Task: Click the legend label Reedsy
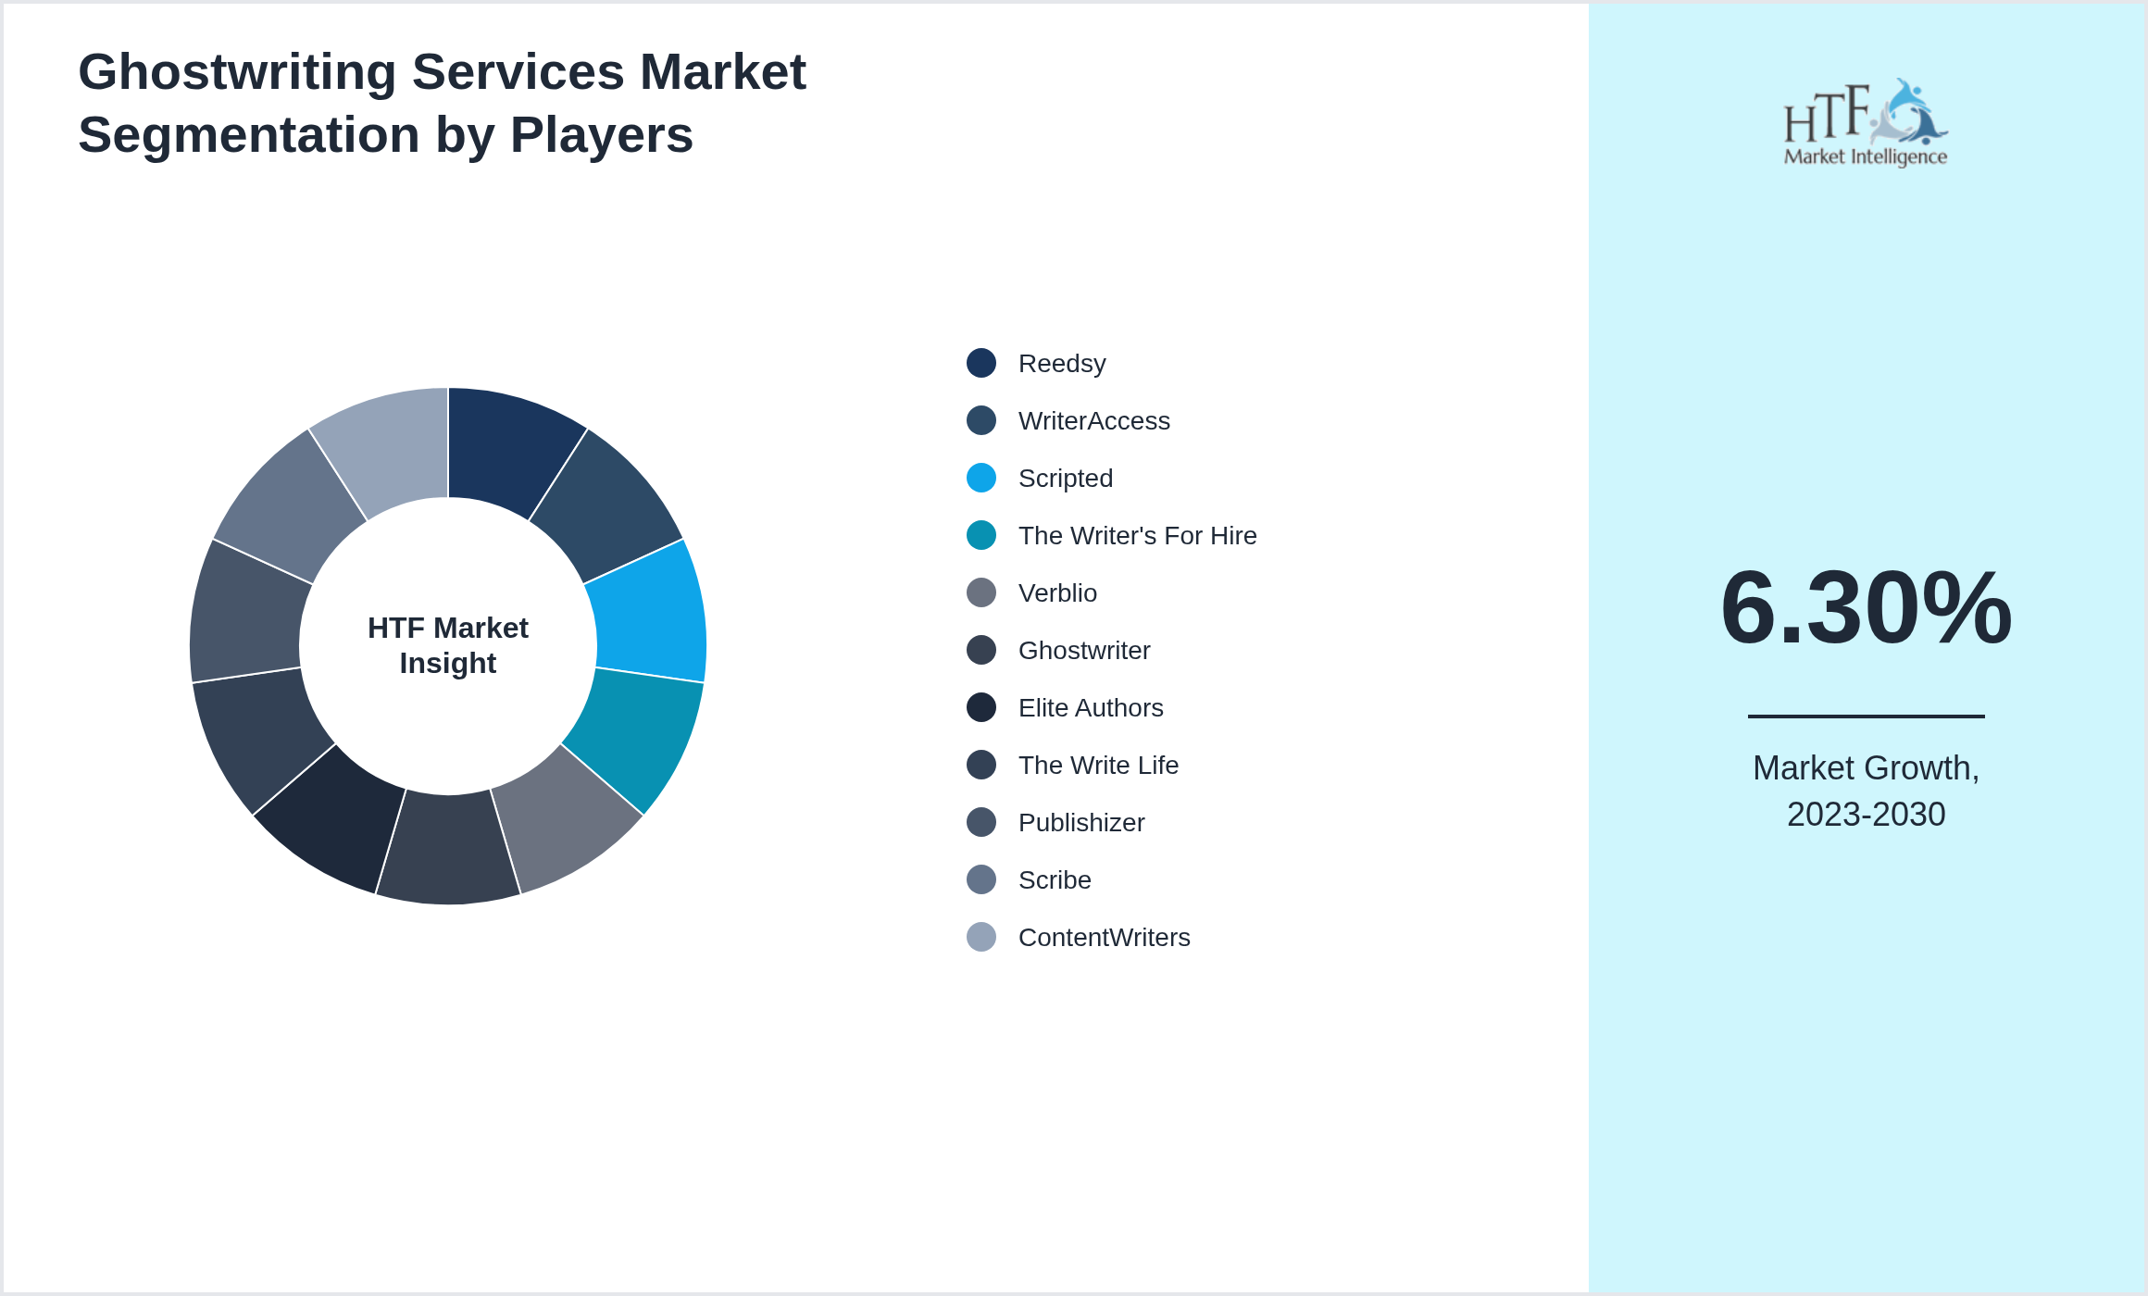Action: click(1062, 364)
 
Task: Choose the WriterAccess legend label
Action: click(1093, 421)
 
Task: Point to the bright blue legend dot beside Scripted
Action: click(981, 479)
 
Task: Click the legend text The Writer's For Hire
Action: click(1137, 536)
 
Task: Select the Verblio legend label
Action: click(1057, 593)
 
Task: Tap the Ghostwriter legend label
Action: click(1084, 651)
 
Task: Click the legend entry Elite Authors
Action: click(1091, 708)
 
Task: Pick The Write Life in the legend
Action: click(1098, 766)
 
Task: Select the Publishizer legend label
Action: click(1081, 823)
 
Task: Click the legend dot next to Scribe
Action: click(981, 880)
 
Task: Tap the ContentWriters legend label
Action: click(1104, 938)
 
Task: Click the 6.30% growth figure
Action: click(1866, 608)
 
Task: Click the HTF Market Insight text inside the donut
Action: click(448, 645)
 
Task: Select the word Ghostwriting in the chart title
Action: click(237, 72)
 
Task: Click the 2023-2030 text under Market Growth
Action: click(1866, 815)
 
